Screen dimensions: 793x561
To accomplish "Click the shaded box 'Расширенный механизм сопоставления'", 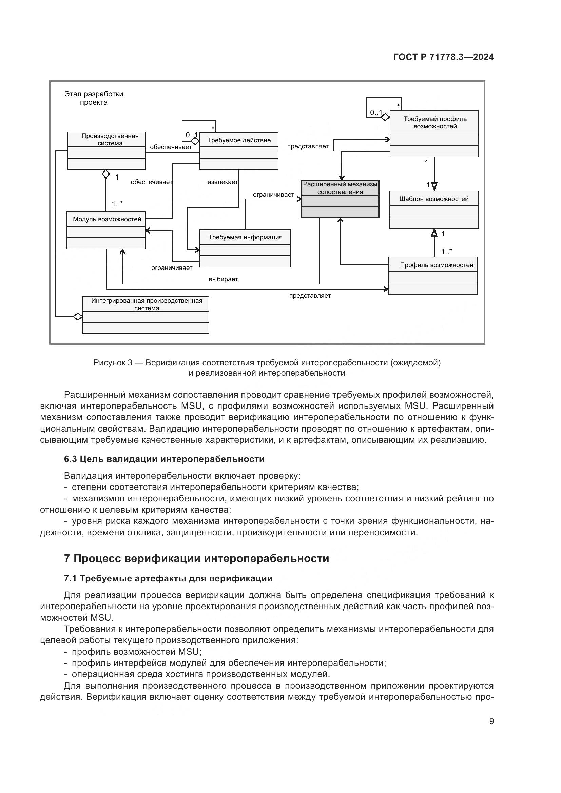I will [340, 188].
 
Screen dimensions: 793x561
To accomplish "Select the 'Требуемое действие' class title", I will [239, 140].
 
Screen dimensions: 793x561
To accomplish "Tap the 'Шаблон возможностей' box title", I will [434, 199].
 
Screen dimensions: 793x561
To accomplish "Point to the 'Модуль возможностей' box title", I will [107, 219].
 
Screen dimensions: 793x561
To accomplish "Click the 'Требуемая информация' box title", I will [245, 237].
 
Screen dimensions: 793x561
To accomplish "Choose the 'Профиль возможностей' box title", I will [436, 265].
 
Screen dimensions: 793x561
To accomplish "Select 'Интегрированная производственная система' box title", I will [147, 304].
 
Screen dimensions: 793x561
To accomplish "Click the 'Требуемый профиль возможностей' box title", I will [435, 123].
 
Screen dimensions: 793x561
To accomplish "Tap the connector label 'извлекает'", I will [223, 182].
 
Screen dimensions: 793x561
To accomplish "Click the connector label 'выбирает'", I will [223, 279].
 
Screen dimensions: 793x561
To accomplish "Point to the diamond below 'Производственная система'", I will [106, 174].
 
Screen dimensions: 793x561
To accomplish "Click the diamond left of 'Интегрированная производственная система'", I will [78, 316].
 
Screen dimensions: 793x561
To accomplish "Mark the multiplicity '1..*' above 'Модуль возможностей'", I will [117, 204].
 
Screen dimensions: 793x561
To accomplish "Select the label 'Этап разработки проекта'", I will [94, 98].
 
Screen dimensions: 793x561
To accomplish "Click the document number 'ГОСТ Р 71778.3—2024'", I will [443, 57].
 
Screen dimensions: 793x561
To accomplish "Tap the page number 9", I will [491, 721].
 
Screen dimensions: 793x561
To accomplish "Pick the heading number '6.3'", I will [70, 459].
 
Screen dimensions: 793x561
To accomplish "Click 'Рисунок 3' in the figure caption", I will [113, 363].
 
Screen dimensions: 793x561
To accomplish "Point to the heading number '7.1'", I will [70, 578].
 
